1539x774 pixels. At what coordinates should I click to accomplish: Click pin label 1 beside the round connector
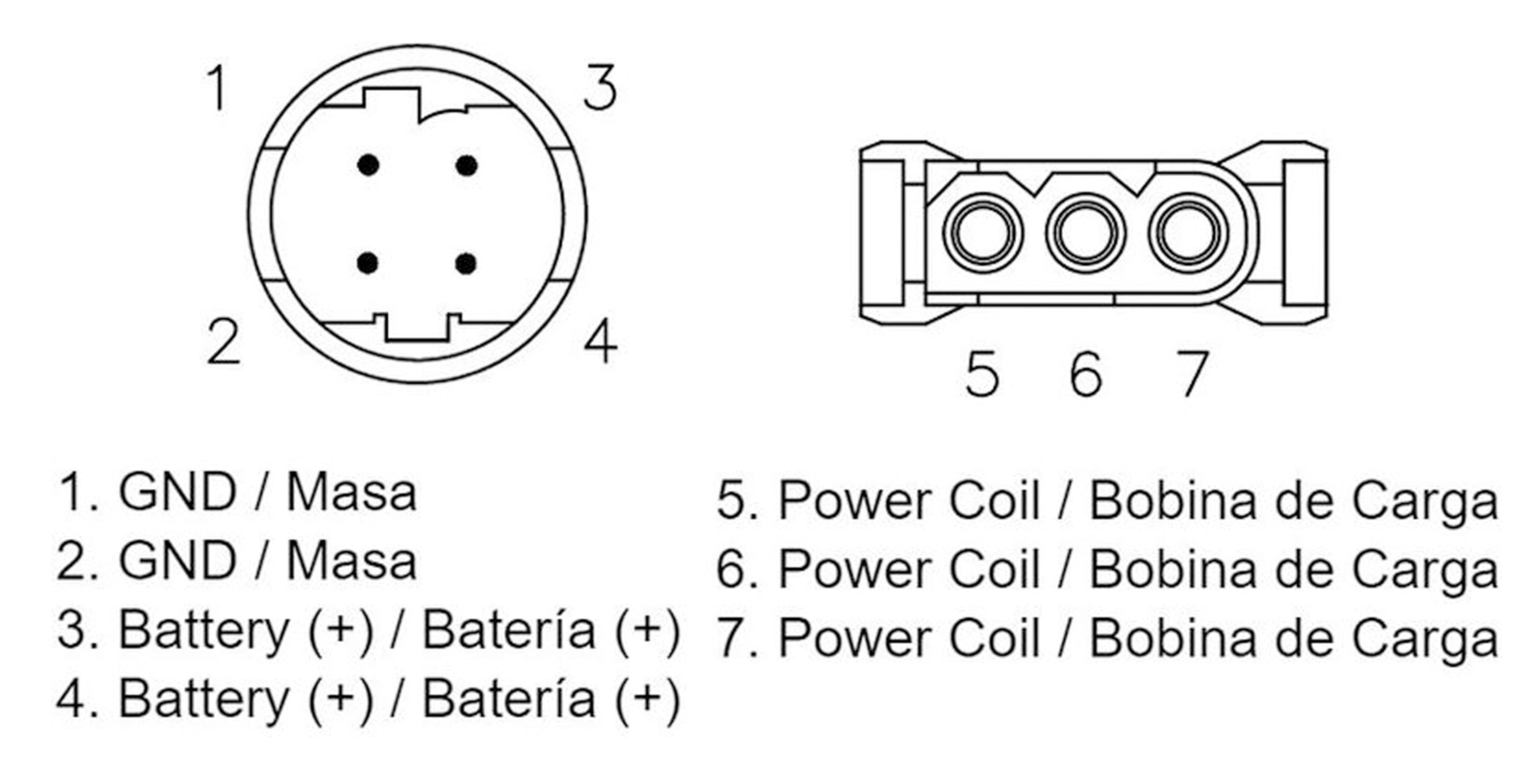[219, 87]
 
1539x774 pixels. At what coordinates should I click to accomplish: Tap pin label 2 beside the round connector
[224, 341]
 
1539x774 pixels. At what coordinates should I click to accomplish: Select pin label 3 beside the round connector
[600, 87]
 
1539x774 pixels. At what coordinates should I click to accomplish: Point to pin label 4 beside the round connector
[600, 341]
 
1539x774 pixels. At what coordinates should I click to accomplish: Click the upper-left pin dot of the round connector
[369, 165]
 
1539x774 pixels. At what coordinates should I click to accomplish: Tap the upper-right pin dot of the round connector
[466, 165]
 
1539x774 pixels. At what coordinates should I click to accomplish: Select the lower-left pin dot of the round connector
[369, 263]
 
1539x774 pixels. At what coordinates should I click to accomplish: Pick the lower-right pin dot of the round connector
[466, 263]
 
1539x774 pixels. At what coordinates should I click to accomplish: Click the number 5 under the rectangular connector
[982, 373]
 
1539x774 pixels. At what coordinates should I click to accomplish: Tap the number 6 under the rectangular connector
[1086, 373]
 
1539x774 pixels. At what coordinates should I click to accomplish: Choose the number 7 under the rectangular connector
[1192, 373]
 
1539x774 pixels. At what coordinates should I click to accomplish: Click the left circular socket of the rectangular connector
[982, 232]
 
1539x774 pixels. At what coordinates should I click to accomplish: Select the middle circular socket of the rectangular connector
[1086, 232]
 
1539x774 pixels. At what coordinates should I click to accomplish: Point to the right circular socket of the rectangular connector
[1189, 232]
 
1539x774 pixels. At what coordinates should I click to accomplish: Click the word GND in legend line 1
[177, 492]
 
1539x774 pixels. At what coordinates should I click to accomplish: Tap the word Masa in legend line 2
[351, 561]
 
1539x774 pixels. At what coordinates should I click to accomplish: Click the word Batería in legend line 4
[509, 699]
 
